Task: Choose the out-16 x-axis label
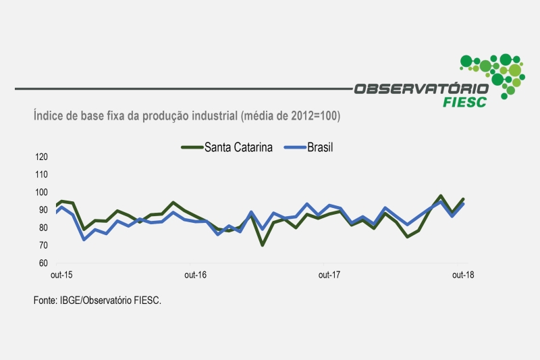195,275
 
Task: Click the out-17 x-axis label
329,275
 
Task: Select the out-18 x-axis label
462,275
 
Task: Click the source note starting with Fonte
97,300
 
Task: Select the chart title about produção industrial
187,116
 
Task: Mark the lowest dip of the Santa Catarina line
263,245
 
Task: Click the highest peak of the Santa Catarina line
441,196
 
